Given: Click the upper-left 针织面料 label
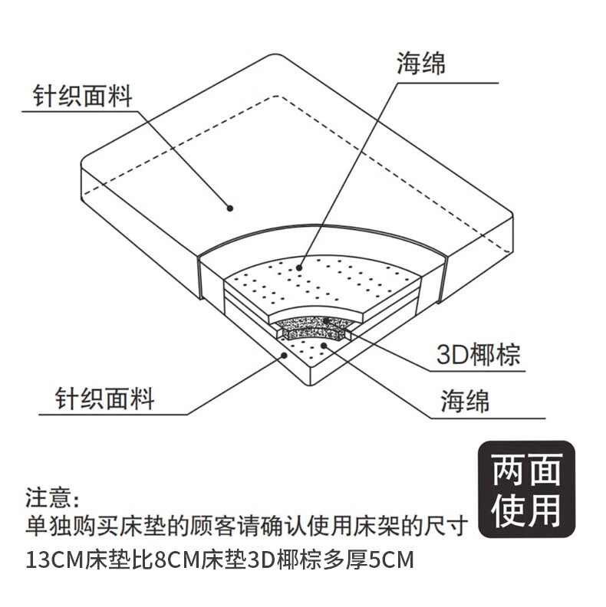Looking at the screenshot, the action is (82, 97).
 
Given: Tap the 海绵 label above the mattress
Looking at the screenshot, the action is (421, 62).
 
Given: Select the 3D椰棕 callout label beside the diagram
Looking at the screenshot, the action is (479, 355).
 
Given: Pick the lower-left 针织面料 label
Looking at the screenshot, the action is (105, 399).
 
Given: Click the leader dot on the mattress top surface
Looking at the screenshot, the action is (229, 207).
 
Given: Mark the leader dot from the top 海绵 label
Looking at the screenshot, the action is (300, 267).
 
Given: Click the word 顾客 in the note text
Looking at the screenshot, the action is (222, 527).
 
